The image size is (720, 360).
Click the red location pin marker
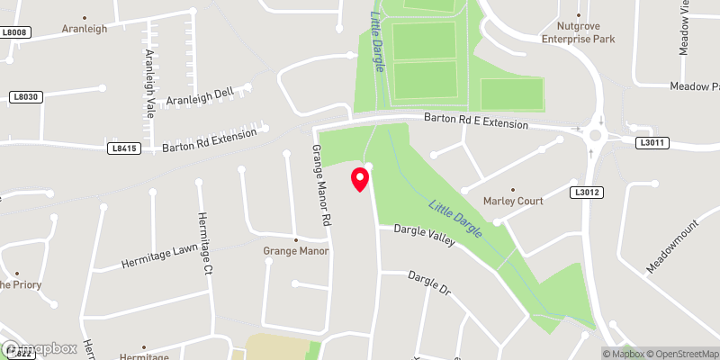[x=360, y=178]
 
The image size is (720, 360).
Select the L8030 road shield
[x=27, y=96]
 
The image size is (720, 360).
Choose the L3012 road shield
[x=586, y=192]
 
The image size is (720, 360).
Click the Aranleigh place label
[x=85, y=29]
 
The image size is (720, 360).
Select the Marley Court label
[x=513, y=201]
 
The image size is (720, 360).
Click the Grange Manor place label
[x=296, y=251]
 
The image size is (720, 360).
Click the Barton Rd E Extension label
[x=476, y=121]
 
